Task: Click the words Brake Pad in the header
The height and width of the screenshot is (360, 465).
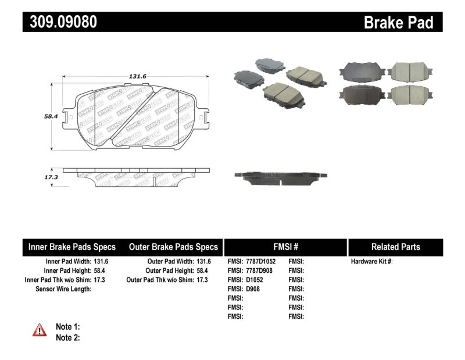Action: pos(398,23)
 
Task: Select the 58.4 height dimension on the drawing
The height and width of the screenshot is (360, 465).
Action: pos(52,116)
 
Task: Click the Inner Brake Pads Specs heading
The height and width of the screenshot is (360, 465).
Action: pos(72,247)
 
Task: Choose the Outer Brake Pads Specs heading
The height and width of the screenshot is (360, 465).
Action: pos(173,247)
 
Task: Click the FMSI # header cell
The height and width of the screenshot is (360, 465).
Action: pos(285,247)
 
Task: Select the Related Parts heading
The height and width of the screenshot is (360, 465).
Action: pos(395,247)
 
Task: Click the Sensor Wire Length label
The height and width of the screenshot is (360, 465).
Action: pos(63,288)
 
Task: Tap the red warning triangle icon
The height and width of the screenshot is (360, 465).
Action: pos(40,330)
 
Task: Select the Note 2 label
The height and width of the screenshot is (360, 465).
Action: pos(67,337)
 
